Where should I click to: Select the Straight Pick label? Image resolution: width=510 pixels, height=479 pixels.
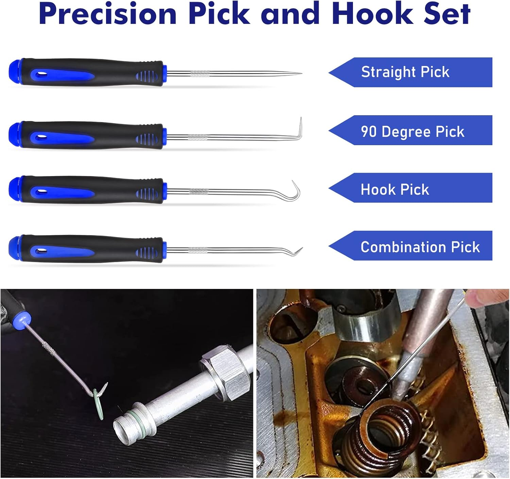pos(405,72)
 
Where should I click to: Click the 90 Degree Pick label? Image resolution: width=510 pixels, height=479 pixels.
pos(412,132)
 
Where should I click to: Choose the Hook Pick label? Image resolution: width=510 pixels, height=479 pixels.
pos(395,189)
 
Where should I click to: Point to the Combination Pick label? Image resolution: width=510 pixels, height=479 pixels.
pos(420,247)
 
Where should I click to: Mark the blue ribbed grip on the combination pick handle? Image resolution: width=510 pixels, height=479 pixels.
pos(147,252)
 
